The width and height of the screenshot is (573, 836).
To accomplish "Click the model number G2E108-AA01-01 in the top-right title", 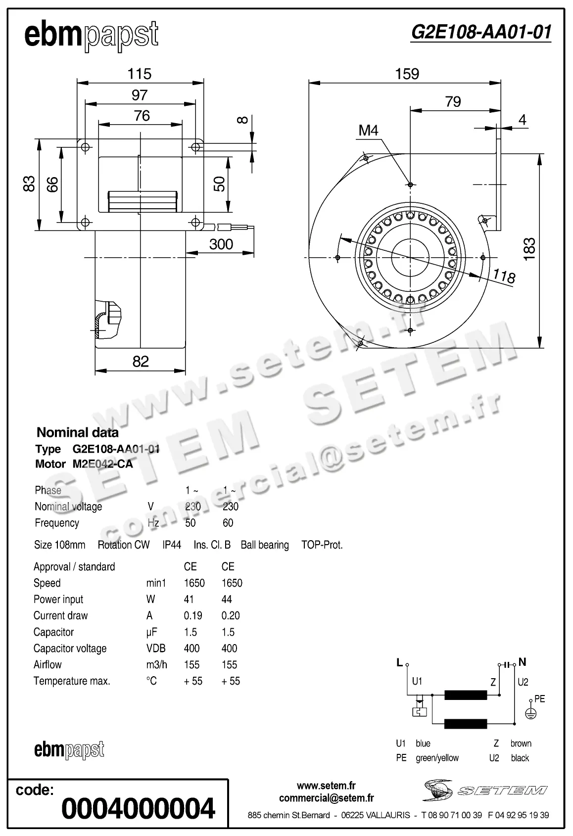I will (x=480, y=32).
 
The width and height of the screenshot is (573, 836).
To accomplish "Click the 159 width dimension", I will (x=407, y=74).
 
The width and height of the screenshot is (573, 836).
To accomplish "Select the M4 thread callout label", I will (x=368, y=130).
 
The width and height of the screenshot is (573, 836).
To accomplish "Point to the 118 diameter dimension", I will (x=504, y=276).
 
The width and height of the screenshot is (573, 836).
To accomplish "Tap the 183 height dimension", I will (x=529, y=249).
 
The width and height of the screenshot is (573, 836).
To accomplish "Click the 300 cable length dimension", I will (x=221, y=244).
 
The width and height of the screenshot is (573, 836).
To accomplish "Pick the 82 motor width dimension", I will (x=141, y=361).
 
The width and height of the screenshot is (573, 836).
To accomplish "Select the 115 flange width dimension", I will (x=139, y=74).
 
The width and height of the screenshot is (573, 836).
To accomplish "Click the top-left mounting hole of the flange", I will (x=85, y=147).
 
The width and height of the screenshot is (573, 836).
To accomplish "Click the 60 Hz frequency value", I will (x=228, y=523).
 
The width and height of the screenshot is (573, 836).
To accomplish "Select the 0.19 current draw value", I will (x=193, y=615).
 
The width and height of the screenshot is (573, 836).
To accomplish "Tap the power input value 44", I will (x=227, y=599).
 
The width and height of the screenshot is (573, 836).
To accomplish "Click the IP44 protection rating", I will (x=172, y=545).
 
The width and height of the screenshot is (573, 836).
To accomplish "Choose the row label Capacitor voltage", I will (x=70, y=648).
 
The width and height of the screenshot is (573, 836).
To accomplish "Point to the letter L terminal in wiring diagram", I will (x=399, y=663).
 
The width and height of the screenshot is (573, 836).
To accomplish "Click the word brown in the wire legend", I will (x=521, y=743).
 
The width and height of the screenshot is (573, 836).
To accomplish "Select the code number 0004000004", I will (x=138, y=808).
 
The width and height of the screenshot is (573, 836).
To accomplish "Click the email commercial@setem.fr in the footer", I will (x=326, y=797).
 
